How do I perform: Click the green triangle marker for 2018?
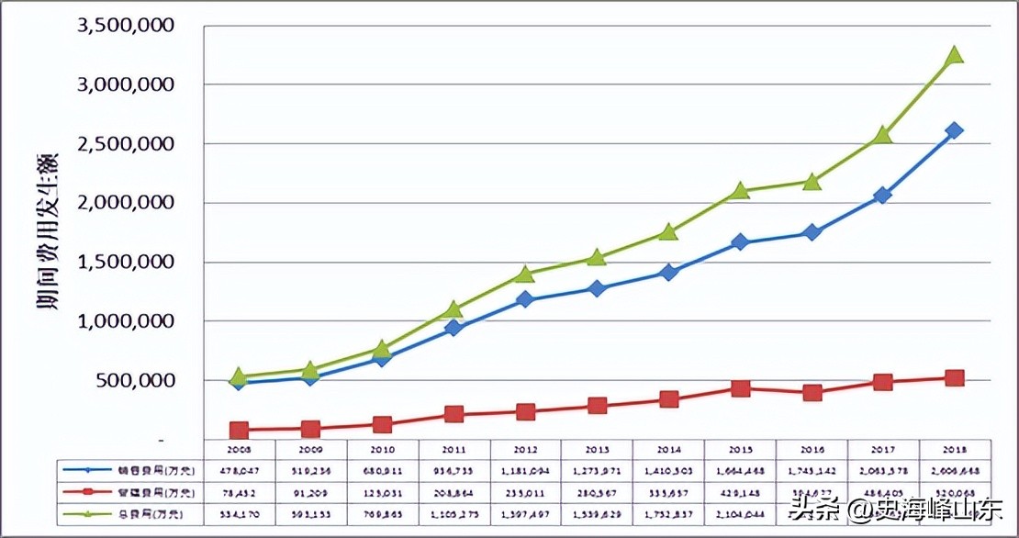[954, 55]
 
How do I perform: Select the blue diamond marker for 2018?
[954, 130]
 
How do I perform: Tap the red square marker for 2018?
[954, 378]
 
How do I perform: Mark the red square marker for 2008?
[240, 430]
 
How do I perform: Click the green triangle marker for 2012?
[525, 274]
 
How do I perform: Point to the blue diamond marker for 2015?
[740, 242]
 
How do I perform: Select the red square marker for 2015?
[740, 388]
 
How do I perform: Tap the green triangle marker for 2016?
[812, 181]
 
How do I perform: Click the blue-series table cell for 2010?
[383, 469]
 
